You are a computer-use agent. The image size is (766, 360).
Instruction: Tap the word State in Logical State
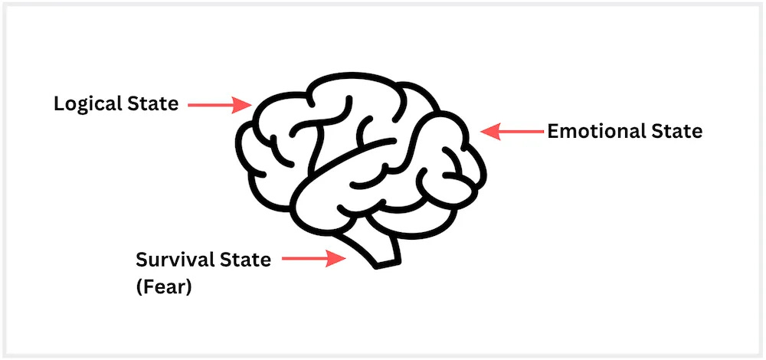(x=152, y=104)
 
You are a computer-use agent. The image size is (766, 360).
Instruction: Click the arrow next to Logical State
(x=215, y=105)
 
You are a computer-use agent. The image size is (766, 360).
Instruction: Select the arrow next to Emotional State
(x=512, y=132)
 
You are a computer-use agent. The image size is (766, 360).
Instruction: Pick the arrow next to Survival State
(x=310, y=260)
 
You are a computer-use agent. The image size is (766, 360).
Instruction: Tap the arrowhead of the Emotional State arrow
(x=489, y=132)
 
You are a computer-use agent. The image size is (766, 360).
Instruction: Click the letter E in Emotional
(x=552, y=132)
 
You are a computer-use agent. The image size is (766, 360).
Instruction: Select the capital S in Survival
(x=142, y=260)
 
